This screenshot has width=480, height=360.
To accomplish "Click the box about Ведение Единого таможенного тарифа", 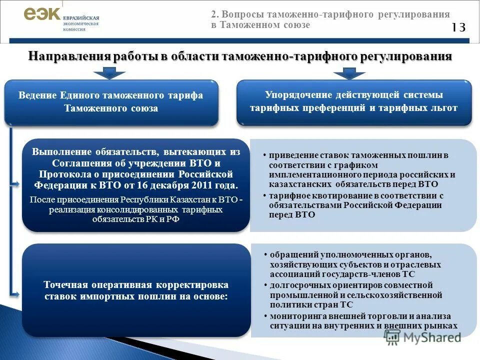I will click(111, 102).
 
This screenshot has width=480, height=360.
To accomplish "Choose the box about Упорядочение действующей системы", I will click(353, 101).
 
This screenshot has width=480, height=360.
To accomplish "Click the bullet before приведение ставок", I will click(264, 155).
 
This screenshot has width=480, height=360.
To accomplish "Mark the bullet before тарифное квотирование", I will click(264, 195).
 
